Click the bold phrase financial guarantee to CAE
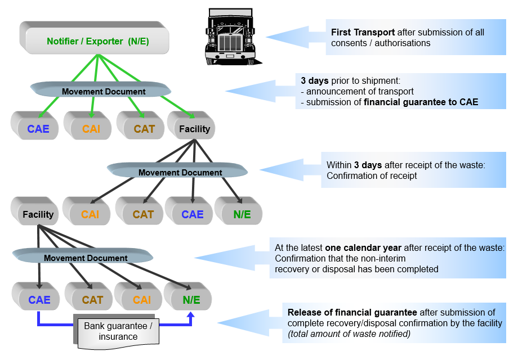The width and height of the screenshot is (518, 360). coord(421,102)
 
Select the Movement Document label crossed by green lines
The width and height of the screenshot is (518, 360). coord(104,91)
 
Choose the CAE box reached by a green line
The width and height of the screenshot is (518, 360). coord(38,129)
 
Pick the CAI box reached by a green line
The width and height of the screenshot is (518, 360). coord(91,129)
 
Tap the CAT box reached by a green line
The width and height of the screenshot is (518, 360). coord(144,129)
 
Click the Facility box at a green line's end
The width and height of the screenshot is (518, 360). coord(194,129)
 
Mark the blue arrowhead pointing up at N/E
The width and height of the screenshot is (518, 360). coord(191,316)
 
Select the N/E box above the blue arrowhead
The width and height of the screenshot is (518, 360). coord(191,299)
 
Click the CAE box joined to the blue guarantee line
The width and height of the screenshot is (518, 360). coord(39,299)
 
